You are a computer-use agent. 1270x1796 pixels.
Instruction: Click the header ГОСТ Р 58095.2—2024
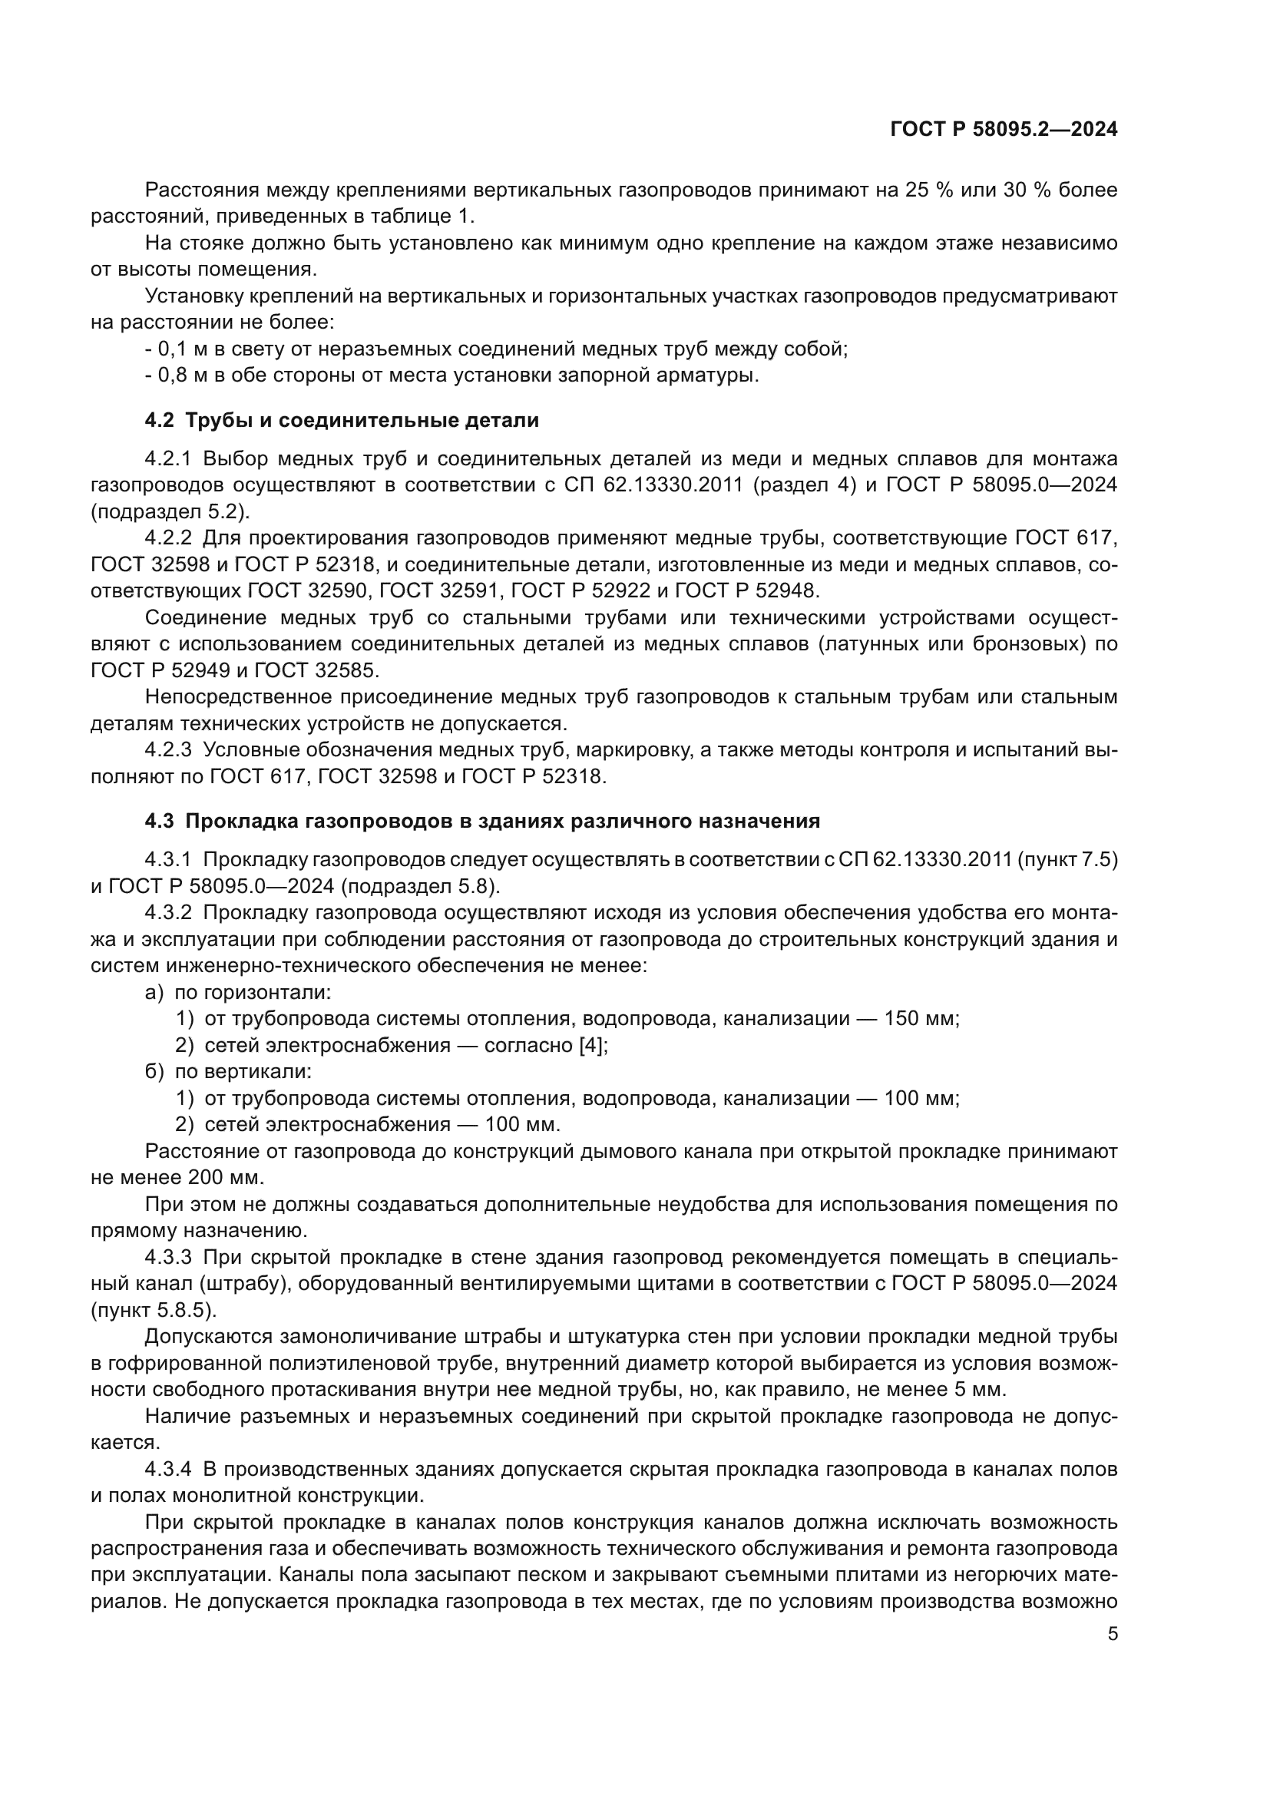(x=1004, y=130)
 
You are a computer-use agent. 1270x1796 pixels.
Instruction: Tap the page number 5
(x=1112, y=1634)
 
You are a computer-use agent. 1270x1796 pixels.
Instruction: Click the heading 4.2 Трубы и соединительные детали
(x=342, y=420)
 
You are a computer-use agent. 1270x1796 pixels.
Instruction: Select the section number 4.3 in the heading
(x=160, y=821)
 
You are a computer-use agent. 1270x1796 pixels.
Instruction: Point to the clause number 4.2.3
(x=168, y=750)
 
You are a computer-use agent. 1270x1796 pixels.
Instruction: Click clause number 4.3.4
(x=168, y=1469)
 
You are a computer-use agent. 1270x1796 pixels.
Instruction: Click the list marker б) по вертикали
(x=154, y=1071)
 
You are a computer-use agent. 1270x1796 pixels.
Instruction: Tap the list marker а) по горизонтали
(x=154, y=992)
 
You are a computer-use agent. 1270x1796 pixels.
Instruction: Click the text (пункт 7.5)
(x=1067, y=860)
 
